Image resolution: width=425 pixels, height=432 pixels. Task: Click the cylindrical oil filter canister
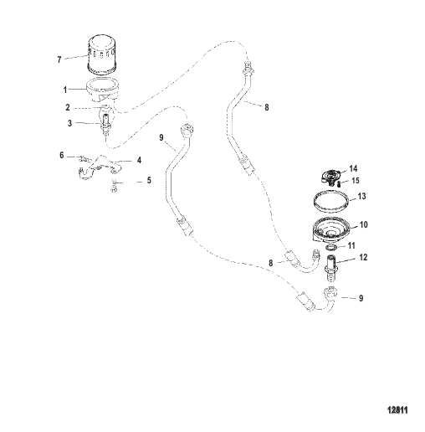(x=102, y=55)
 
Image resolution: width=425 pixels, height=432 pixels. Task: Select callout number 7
(x=59, y=59)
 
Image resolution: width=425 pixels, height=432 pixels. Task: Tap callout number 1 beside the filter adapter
(x=65, y=90)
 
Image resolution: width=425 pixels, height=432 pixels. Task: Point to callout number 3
(x=69, y=123)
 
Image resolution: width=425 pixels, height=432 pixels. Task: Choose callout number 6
(x=62, y=155)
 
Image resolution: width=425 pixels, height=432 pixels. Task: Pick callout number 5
(x=149, y=180)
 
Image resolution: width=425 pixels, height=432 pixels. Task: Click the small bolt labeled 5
(x=114, y=186)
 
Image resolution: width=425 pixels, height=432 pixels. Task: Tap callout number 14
(x=353, y=168)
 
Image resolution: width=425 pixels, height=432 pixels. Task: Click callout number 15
(x=356, y=181)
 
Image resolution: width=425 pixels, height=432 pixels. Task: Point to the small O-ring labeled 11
(x=331, y=248)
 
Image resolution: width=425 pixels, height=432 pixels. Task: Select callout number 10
(x=364, y=224)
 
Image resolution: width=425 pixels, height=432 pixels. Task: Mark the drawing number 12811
(x=397, y=410)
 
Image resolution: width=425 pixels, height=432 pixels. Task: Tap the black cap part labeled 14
(x=330, y=177)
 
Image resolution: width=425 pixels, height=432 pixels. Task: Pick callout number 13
(x=361, y=196)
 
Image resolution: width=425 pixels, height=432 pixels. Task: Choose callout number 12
(x=363, y=257)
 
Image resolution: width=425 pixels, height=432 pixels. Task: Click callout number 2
(x=68, y=107)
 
